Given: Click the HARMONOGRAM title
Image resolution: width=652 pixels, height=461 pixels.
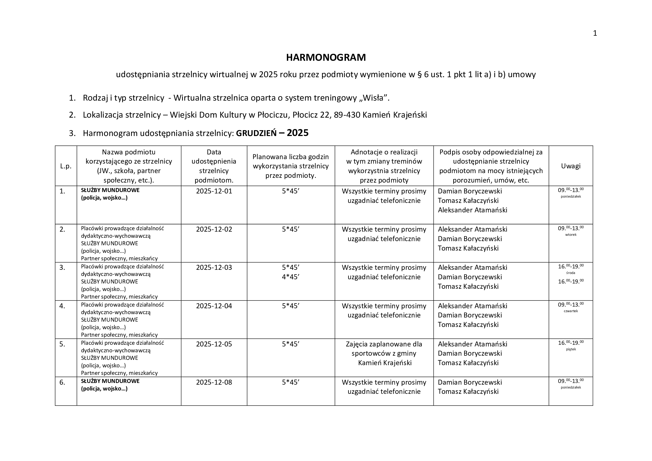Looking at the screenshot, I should pos(326,58).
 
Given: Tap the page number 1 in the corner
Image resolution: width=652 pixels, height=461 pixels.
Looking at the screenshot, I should pos(595,33).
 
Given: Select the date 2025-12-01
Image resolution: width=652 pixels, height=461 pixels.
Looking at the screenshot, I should pos(214,191).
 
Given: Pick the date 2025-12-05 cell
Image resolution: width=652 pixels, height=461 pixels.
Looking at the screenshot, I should pos(214,344).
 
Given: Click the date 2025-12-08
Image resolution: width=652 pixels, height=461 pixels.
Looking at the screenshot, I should pos(214,382).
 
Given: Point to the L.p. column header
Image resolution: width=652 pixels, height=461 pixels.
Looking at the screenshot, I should pos(66,166).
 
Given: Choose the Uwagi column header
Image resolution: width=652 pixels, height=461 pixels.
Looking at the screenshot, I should pos(571,166).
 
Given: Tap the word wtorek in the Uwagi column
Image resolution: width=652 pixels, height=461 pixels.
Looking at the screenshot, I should pos(571,235).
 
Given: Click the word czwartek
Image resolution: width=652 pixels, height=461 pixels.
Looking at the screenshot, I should pos(571,311).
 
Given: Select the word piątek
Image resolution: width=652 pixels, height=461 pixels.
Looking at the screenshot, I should pos(571,350).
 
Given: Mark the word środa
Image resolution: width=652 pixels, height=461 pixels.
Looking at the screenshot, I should pos(571,273).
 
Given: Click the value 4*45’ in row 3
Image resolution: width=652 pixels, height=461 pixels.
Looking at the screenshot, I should pos(290,277).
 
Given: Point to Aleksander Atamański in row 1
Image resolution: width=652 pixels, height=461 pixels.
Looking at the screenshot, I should pos(472,210).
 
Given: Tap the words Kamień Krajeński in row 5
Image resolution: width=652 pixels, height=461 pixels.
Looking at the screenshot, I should pos(384,363).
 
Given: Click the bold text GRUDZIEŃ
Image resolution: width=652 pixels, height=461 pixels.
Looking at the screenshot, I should pos(256,134).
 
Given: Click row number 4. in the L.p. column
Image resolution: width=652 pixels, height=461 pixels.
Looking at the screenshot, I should pos(62,306).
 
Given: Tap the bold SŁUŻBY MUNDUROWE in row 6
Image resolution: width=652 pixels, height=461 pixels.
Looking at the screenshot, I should pos(110,381).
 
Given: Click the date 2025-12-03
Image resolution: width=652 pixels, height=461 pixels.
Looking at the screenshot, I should pos(214,268).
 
